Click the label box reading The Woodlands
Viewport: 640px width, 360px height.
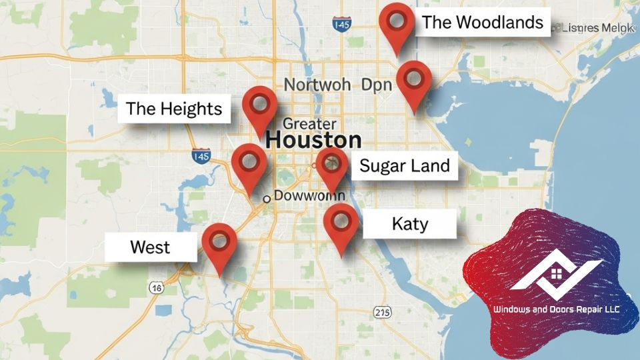click(482, 23)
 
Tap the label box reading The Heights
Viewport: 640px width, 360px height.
click(174, 108)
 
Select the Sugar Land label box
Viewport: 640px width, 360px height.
click(405, 165)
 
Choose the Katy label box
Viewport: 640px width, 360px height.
click(409, 223)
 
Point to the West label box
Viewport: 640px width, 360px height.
click(150, 247)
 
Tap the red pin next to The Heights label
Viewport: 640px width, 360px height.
click(259, 105)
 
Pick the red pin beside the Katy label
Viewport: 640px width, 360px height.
click(341, 222)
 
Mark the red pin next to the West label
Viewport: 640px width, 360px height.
click(219, 241)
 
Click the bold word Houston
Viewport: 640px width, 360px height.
click(313, 141)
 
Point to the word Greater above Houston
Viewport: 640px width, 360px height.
click(309, 123)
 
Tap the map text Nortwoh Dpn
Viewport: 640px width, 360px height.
click(337, 85)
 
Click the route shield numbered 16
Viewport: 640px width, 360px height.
click(156, 287)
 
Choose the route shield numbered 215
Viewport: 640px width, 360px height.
click(383, 311)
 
